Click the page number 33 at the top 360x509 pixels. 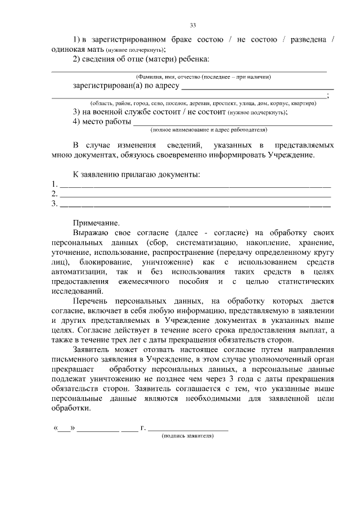click(193, 25)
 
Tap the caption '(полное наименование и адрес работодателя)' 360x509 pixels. click(205, 129)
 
